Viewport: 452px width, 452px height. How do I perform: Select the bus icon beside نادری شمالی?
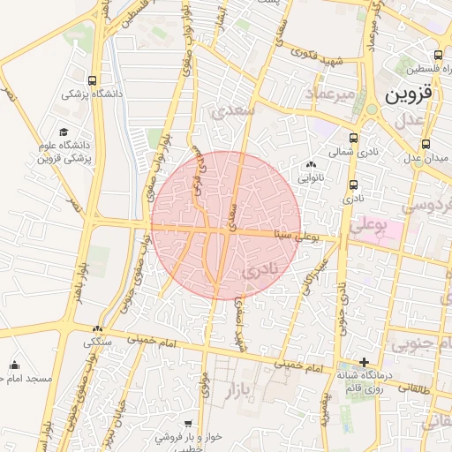[x=354, y=139]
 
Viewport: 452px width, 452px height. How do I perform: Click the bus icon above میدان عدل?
[x=426, y=144]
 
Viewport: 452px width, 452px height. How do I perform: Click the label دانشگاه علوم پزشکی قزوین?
[x=64, y=151]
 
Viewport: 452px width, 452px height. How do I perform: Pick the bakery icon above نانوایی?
[x=310, y=164]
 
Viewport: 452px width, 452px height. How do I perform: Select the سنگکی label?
[x=98, y=342]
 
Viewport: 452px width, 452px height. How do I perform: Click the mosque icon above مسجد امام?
[x=14, y=364]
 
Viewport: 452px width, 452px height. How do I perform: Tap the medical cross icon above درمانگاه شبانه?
[x=364, y=361]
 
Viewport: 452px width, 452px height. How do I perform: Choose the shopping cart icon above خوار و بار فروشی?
[x=187, y=424]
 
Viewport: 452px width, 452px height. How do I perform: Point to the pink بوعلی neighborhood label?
[x=369, y=225]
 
